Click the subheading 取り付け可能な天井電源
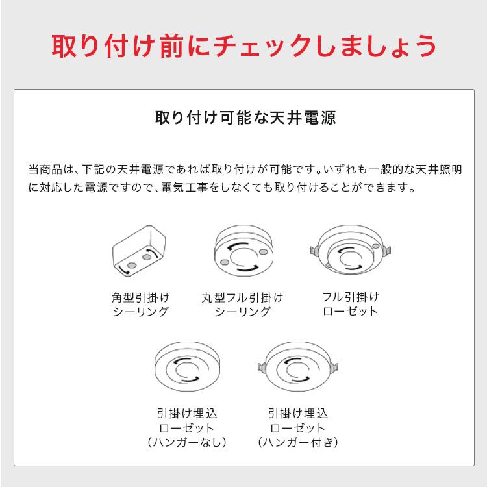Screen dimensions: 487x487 243,119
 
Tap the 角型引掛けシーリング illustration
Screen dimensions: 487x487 140,254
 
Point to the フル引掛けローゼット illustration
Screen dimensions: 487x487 350,254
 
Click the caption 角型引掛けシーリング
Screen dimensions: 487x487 140,305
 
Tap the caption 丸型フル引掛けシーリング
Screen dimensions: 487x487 242,305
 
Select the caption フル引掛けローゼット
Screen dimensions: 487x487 350,305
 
